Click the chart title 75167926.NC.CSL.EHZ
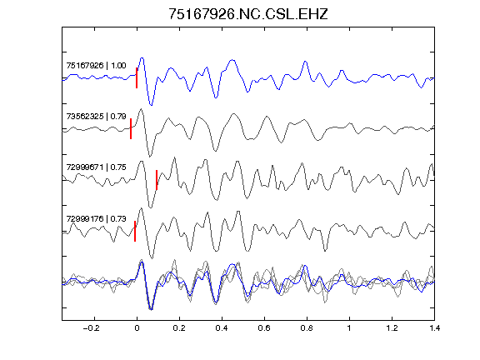[x=248, y=14]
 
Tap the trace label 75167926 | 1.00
[x=96, y=66]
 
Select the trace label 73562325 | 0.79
[x=96, y=117]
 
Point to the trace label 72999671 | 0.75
[x=96, y=167]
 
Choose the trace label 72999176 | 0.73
[x=96, y=218]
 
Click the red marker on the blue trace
[x=137, y=77]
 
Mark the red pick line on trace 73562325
[x=131, y=128]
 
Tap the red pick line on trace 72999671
[x=157, y=180]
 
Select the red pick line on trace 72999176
[x=135, y=231]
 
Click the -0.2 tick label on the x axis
[x=92, y=328]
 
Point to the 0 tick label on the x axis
[x=137, y=328]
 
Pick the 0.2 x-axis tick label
[x=179, y=328]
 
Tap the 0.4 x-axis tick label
[x=222, y=328]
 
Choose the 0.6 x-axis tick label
[x=264, y=328]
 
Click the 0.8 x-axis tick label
[x=307, y=328]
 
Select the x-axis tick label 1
[x=349, y=328]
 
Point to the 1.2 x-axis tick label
[x=392, y=328]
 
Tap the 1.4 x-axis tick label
[x=434, y=328]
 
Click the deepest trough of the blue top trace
[x=151, y=105]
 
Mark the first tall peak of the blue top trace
[x=142, y=57]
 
